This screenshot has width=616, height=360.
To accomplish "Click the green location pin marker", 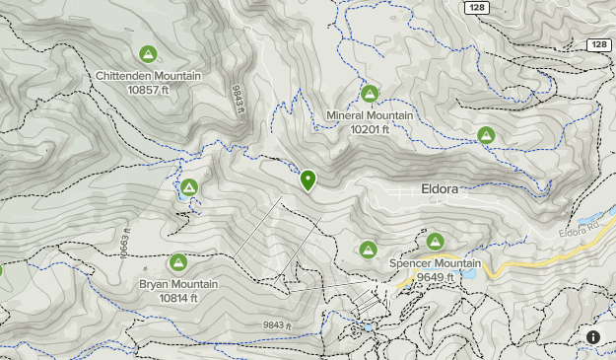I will coord(308,180).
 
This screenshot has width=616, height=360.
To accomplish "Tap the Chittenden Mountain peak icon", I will coord(148,54).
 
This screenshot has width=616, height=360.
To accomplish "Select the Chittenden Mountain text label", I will coord(149,76).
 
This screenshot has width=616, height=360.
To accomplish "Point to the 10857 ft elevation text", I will coord(149,90).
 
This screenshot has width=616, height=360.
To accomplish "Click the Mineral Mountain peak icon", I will coord(370,94).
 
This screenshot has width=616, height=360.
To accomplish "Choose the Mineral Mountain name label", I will coord(370,115).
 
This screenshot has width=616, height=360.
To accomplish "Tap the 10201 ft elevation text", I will coord(370,129).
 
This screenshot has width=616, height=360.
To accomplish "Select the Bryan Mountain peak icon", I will coord(178,262).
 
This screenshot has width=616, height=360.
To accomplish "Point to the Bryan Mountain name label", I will coord(178,284).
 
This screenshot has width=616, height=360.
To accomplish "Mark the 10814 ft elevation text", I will coord(178,298).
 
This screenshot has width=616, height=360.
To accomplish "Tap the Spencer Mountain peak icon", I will coord(436,241).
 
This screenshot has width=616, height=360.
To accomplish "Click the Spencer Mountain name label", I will coord(435,263).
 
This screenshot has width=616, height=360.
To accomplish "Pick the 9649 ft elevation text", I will coord(435,277).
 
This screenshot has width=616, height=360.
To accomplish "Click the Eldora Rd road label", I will coord(579,233).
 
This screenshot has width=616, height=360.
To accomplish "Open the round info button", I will coord(593,337).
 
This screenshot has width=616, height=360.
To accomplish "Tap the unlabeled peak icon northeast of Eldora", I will coord(485,135).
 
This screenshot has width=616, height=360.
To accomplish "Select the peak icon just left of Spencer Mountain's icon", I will coord(369,250).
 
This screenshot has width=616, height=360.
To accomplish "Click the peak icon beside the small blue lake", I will coord(188,187).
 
